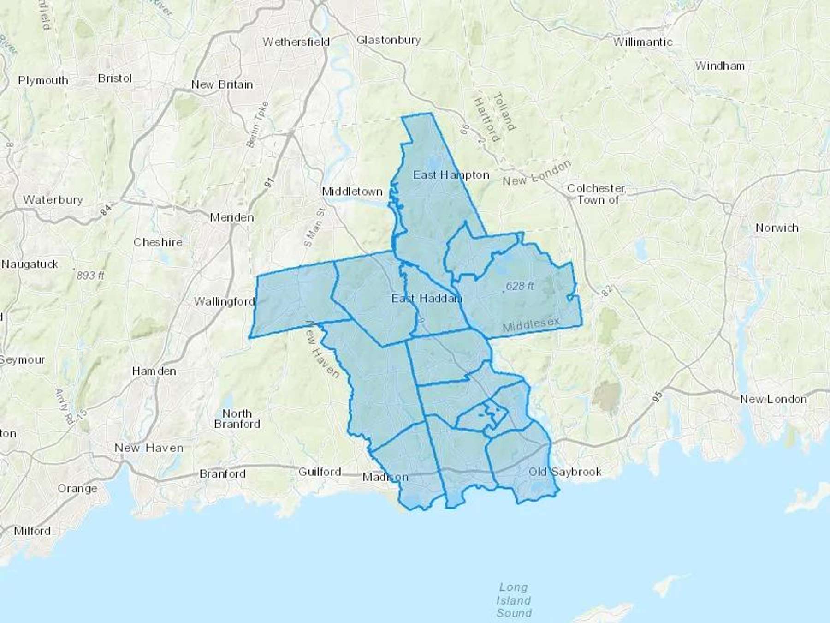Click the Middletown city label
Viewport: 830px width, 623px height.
tap(352, 191)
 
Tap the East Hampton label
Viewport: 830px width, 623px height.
tap(451, 175)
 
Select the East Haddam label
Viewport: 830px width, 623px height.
tap(427, 299)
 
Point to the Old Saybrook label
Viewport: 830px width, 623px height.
tap(565, 472)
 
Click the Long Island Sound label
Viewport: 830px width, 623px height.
tap(514, 600)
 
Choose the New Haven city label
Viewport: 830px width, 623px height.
tap(149, 448)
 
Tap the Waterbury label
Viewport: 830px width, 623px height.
tap(53, 200)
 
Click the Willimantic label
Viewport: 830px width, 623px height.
tap(642, 42)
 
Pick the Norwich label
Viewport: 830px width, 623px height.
tap(777, 228)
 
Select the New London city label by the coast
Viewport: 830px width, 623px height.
tap(773, 399)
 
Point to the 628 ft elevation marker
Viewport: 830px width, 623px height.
tap(520, 286)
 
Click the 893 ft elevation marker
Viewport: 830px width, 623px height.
tap(90, 276)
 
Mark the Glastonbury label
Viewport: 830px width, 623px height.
tap(388, 40)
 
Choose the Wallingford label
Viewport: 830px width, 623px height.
tap(224, 302)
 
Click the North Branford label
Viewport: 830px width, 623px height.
tap(237, 419)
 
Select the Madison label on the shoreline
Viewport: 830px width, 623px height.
tap(385, 477)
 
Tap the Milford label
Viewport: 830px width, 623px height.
tap(32, 531)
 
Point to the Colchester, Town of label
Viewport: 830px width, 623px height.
tap(596, 194)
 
